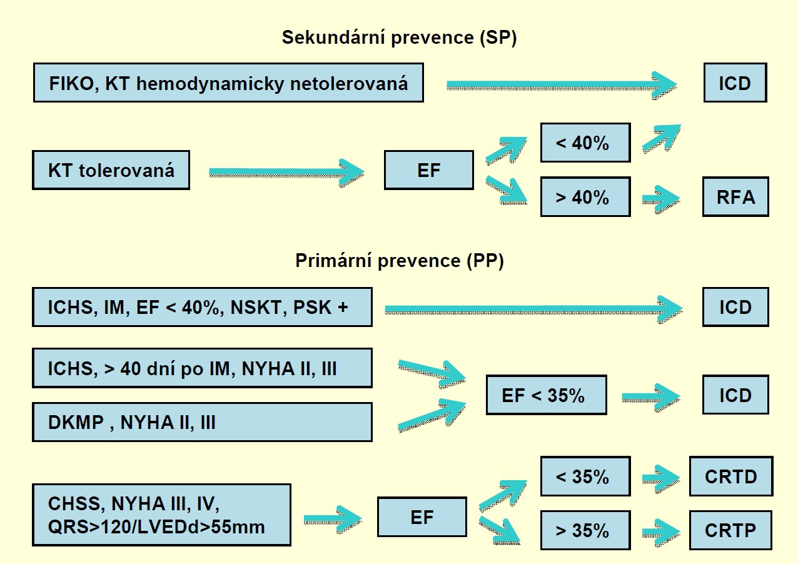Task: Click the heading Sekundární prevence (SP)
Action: [x=399, y=38]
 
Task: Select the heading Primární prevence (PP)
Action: [x=399, y=261]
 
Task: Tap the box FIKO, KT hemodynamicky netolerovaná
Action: [x=228, y=83]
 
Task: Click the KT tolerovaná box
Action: [x=111, y=170]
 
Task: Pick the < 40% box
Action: [x=585, y=143]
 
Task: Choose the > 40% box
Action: [x=585, y=197]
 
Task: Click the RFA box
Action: [x=735, y=197]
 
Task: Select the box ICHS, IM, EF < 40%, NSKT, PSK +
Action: [x=202, y=307]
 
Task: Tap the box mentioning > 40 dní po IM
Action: [x=202, y=368]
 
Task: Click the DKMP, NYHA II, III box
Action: [x=202, y=422]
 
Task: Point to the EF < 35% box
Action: [x=546, y=395]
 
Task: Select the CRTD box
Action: [x=730, y=476]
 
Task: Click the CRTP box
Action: [x=730, y=530]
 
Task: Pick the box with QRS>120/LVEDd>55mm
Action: [x=161, y=515]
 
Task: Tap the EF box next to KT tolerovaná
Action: [x=428, y=170]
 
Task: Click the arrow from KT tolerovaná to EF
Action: [x=286, y=171]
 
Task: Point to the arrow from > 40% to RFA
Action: [x=661, y=199]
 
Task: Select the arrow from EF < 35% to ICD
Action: [x=650, y=396]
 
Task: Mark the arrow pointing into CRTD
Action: [x=661, y=478]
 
